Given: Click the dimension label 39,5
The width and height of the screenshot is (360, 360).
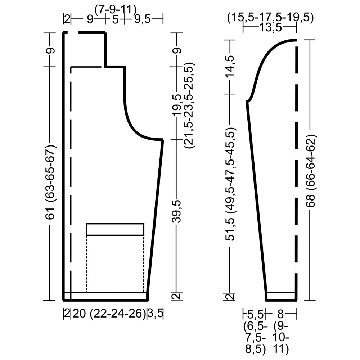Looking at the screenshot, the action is [177, 211].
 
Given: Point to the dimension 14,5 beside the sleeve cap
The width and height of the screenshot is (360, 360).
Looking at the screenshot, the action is [231, 66].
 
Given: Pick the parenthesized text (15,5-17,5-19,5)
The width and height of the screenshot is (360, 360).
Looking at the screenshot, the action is [270, 18].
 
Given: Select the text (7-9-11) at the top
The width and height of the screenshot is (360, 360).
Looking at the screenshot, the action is [116, 10].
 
